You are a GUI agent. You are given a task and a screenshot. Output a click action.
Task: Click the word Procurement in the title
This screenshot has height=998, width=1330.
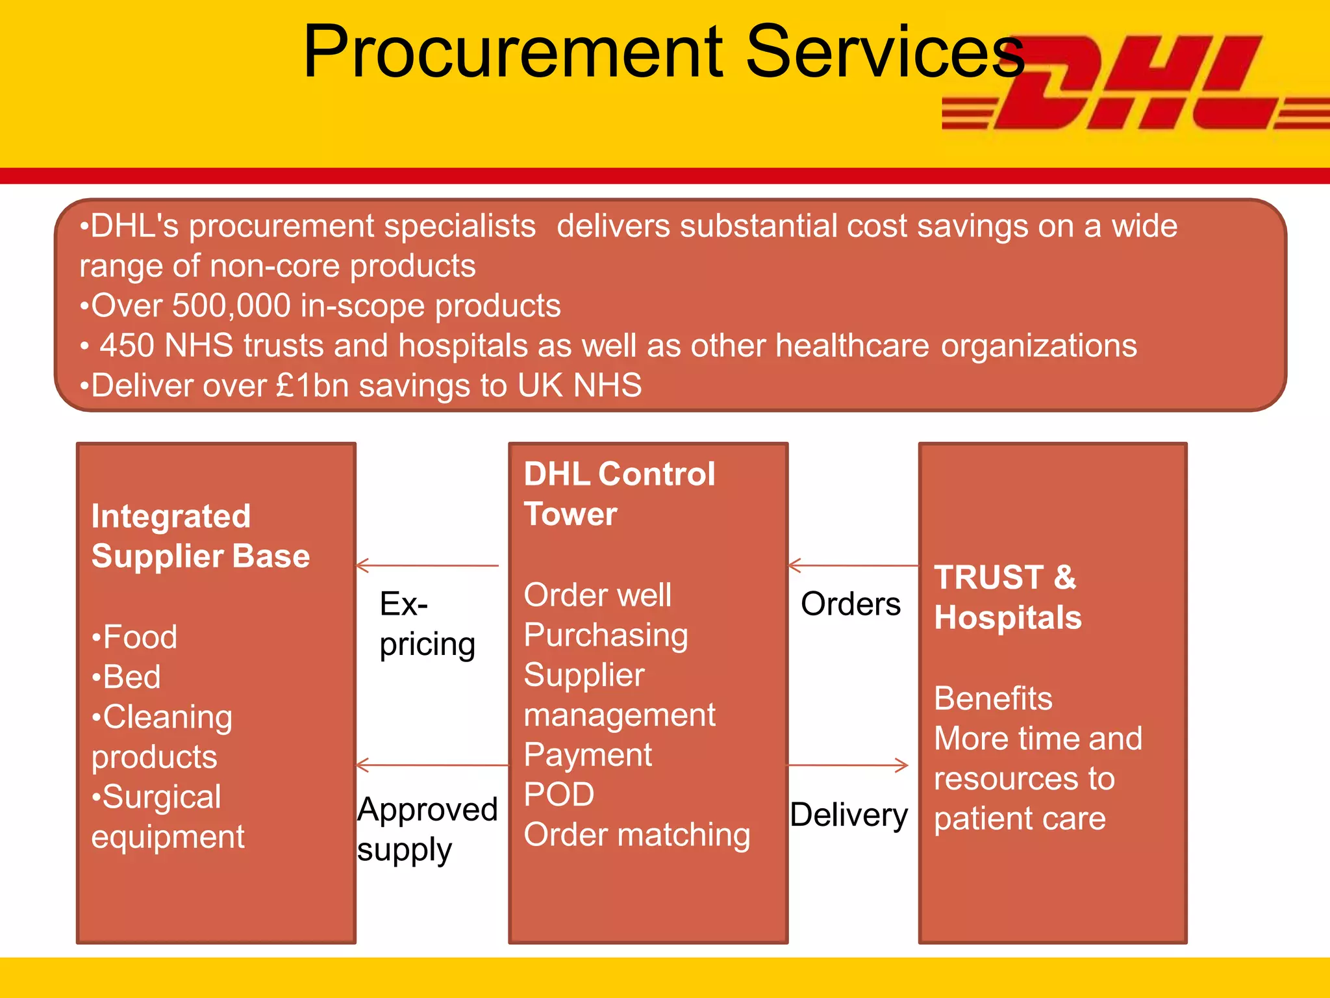click(x=513, y=52)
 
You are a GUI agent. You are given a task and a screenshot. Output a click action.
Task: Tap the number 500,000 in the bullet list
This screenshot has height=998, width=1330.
click(x=231, y=305)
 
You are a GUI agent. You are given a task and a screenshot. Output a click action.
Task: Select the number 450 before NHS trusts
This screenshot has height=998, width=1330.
click(x=127, y=346)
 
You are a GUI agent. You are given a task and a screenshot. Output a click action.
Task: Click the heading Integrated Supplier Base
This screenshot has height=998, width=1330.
click(x=200, y=536)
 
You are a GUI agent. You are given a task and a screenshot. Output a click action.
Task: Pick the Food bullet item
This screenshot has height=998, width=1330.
click(x=135, y=637)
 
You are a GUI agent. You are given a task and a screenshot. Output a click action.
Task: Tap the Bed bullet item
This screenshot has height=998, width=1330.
click(x=127, y=677)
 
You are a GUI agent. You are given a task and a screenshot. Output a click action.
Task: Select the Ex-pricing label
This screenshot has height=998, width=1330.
click(x=427, y=624)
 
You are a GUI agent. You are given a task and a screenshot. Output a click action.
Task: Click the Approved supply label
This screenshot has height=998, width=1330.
click(x=427, y=829)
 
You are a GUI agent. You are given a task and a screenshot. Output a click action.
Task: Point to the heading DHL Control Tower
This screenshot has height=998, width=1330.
click(x=619, y=494)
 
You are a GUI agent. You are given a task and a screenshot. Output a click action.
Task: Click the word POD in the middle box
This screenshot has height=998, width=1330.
click(x=559, y=794)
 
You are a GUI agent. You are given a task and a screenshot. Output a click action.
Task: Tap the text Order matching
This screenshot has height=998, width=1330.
click(x=636, y=835)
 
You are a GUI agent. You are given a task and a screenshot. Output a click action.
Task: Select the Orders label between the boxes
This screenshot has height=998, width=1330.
click(x=850, y=604)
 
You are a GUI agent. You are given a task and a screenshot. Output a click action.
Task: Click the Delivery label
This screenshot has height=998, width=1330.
click(x=849, y=815)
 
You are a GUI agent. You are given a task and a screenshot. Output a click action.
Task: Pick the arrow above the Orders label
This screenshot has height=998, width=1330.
click(x=853, y=565)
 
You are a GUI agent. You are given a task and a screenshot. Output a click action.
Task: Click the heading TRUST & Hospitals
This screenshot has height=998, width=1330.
click(x=1007, y=597)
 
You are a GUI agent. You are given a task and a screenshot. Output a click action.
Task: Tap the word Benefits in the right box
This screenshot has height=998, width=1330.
click(x=993, y=698)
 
